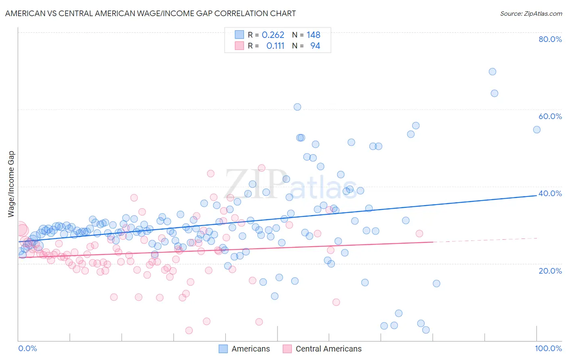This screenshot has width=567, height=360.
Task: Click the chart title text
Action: point(150,13)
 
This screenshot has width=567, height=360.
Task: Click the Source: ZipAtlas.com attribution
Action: point(531,13)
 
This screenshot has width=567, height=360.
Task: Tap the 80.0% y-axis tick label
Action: point(550,39)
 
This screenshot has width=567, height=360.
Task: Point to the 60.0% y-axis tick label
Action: point(550,116)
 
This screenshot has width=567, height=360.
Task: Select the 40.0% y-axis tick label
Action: point(550,193)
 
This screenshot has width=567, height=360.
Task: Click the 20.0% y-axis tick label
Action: point(550,270)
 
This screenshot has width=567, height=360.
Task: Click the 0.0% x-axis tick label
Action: point(27,348)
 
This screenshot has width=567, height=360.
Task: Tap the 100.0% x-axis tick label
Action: point(548,348)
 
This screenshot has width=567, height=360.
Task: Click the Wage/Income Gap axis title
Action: point(11,184)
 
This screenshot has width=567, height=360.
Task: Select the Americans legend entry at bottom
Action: point(244,349)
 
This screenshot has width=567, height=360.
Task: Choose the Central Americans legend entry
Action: point(322,349)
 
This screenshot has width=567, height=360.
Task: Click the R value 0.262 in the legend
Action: point(273,35)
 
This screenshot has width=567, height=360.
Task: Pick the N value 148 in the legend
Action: point(313,35)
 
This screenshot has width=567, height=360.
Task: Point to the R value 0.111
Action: point(275,46)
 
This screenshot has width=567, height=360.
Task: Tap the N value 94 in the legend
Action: point(315,46)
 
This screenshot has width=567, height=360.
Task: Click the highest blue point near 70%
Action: point(492,72)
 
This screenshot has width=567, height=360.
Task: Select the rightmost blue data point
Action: point(537,130)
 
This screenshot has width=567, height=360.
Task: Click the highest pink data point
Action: point(261,168)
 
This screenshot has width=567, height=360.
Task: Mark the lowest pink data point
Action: point(189,331)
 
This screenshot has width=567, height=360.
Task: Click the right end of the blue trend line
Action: point(537,195)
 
